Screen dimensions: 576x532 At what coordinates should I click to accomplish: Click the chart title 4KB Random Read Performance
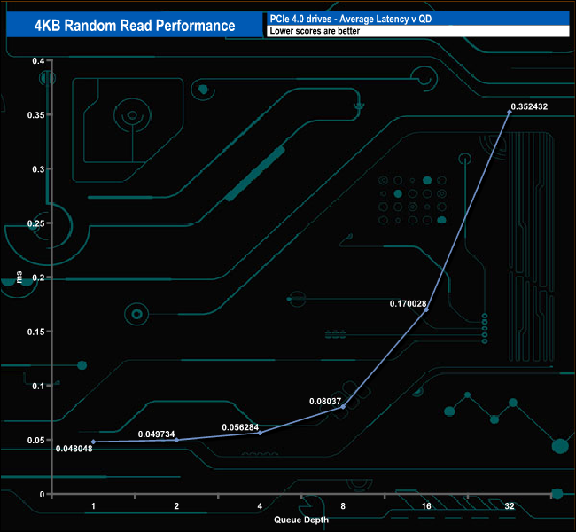135,26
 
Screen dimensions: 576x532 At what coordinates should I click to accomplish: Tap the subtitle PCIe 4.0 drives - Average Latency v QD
351,19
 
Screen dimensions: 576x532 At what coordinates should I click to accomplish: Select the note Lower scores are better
315,31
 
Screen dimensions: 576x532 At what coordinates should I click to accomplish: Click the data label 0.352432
529,106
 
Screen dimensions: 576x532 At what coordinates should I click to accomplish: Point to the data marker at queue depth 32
510,112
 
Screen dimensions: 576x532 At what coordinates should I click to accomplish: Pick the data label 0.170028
408,304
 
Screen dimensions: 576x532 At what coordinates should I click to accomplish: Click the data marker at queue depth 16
426,310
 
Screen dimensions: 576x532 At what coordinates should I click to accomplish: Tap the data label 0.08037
325,401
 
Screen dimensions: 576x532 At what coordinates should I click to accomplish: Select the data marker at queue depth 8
343,407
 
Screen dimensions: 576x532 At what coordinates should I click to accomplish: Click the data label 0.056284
240,427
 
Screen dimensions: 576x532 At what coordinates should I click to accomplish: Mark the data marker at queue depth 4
260,433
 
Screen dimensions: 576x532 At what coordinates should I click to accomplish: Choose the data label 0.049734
157,434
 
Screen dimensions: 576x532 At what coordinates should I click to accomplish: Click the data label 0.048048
74,449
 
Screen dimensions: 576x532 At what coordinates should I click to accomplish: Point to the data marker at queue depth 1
93,442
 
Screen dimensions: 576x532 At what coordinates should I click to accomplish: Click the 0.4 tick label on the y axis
38,60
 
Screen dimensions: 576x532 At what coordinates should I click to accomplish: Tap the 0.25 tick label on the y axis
36,223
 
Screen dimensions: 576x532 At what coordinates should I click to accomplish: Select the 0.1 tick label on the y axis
38,386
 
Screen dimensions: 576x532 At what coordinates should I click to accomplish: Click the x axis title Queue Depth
301,520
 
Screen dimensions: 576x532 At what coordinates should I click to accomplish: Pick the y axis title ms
19,278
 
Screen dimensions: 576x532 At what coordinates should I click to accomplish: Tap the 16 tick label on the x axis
426,506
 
